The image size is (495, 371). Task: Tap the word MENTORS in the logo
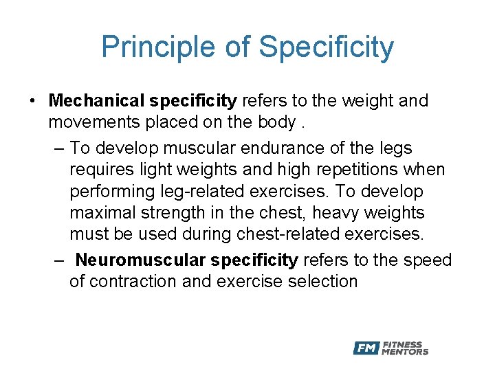[406, 352]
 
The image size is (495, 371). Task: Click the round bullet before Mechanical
[33, 102]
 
